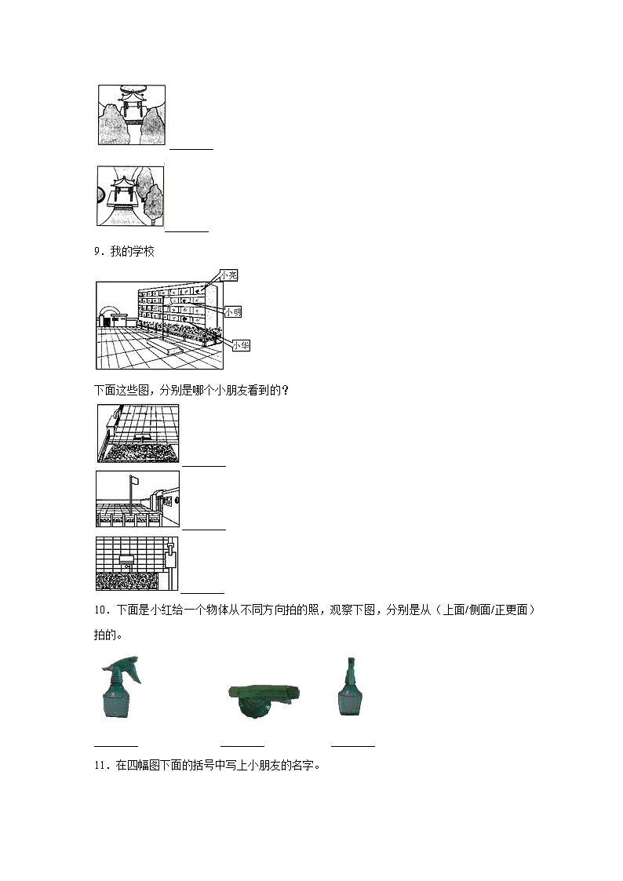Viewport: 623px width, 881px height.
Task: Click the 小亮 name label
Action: [228, 275]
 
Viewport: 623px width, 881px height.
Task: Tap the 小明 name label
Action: [232, 311]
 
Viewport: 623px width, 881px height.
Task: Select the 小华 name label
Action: [241, 345]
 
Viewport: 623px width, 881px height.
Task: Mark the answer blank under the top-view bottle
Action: [242, 744]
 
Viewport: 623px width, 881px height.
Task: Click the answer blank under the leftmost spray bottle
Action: [116, 744]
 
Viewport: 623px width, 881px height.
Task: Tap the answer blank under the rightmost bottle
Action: [353, 744]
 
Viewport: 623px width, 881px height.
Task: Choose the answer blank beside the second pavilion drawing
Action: [187, 229]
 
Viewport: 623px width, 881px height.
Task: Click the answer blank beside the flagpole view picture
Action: [203, 528]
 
